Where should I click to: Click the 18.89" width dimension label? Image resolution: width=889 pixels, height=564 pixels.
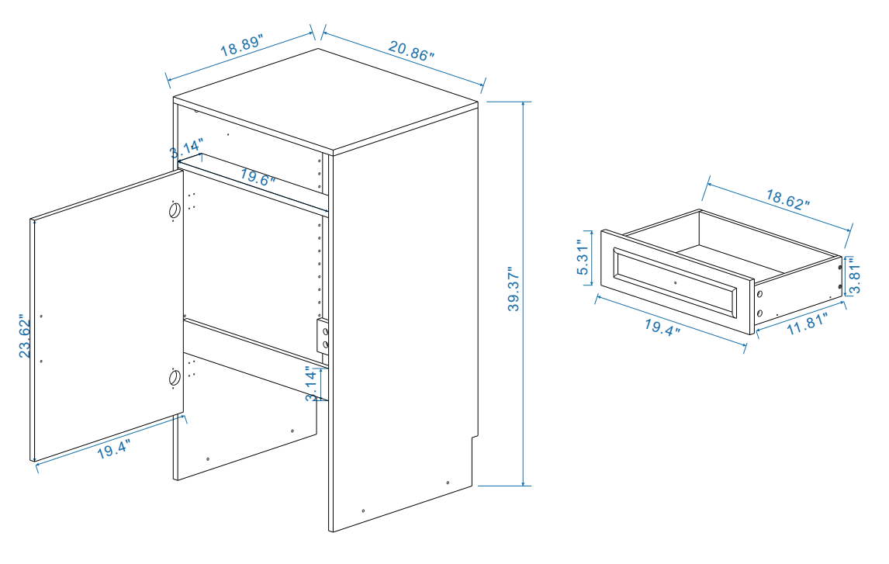242,45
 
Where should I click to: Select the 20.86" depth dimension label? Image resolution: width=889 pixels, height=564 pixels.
411,50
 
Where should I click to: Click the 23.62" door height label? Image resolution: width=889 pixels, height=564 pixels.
25,336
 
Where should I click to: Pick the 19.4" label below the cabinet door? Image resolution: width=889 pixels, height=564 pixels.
113,449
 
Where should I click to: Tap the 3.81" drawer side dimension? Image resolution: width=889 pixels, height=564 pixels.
853,276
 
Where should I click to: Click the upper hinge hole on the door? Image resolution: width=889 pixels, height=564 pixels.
175,209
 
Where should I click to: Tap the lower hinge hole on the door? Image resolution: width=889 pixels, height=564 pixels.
175,378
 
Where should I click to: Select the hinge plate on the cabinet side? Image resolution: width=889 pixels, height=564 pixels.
322,336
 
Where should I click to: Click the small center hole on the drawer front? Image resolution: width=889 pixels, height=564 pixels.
675,284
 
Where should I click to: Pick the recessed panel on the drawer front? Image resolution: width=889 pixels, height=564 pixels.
675,284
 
